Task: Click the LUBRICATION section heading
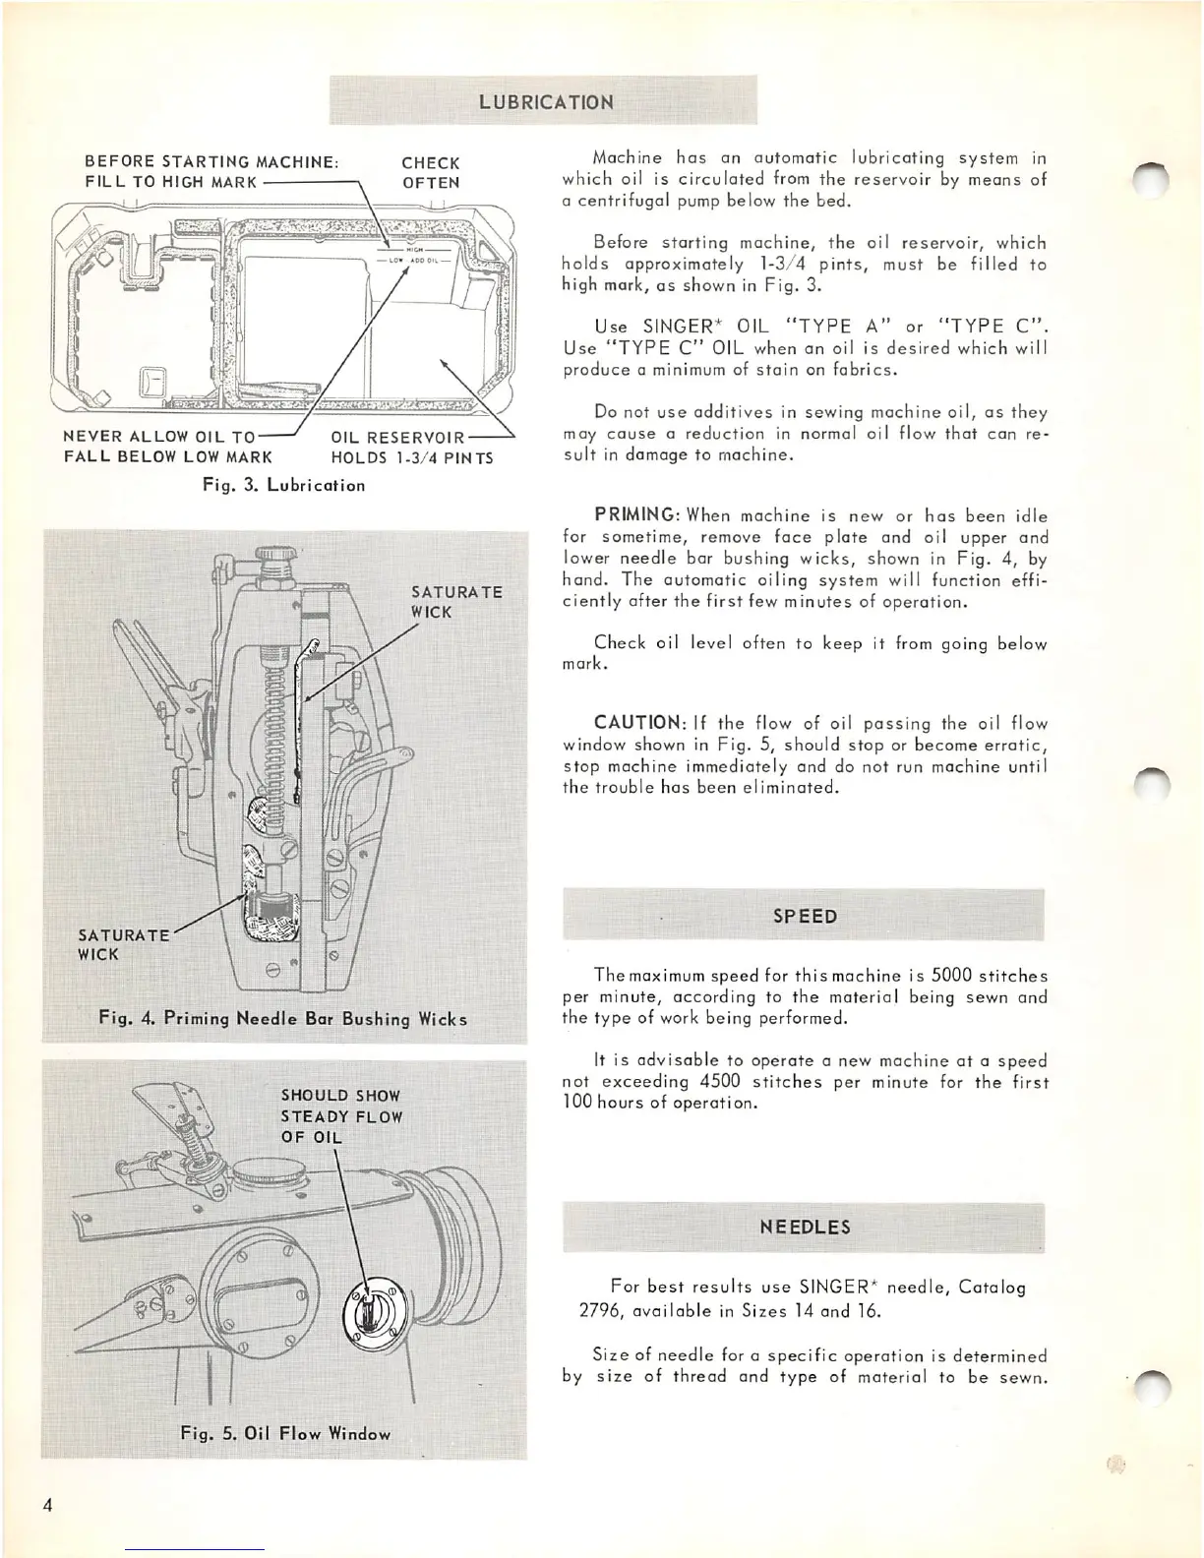[546, 102]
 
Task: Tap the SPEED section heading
[805, 916]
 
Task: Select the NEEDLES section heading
[805, 1227]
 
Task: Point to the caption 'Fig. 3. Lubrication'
[283, 485]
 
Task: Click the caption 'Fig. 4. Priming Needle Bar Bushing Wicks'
[283, 1018]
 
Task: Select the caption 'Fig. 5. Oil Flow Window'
[285, 1433]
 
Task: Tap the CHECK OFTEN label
[431, 173]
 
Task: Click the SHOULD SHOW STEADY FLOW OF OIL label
[340, 1116]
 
